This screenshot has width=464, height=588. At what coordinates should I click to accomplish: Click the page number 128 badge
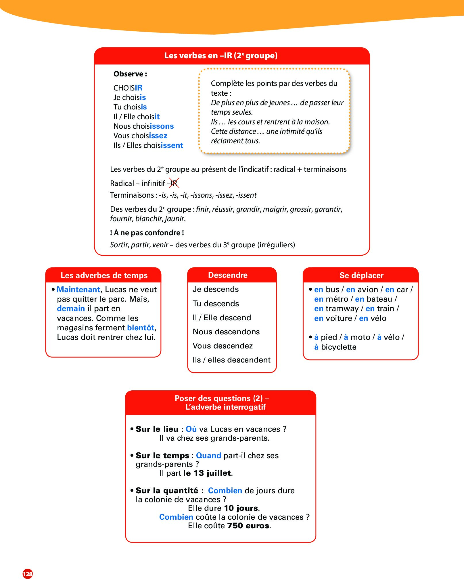tap(28, 574)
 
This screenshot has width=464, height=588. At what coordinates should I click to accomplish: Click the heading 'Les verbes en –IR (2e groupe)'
tap(221, 55)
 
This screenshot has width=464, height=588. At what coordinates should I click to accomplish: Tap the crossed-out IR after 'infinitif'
tap(174, 183)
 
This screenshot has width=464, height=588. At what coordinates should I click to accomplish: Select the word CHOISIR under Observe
tap(128, 88)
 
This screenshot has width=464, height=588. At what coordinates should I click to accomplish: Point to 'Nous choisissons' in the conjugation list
tap(143, 126)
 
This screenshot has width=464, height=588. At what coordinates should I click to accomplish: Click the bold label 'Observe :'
tap(130, 74)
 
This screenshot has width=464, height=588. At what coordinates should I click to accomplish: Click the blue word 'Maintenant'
tap(78, 289)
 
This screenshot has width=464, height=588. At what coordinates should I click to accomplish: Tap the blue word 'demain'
tap(71, 309)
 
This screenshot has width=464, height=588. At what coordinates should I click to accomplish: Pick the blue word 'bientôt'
tap(141, 328)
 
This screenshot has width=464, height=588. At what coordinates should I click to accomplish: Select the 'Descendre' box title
tap(228, 275)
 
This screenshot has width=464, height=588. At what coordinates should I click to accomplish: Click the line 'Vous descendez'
tap(223, 346)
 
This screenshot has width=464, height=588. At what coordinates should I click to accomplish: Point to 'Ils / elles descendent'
tap(231, 360)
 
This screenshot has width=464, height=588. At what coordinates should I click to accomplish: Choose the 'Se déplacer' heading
tap(361, 275)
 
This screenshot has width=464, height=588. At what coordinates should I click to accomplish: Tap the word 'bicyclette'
tap(339, 347)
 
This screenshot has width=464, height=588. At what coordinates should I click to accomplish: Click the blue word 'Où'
tap(191, 429)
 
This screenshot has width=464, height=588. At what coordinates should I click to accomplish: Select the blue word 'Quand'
tap(208, 456)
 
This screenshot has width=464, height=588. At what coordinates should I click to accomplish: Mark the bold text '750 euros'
tap(248, 526)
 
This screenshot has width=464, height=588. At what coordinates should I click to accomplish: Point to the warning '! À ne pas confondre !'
tap(147, 233)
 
